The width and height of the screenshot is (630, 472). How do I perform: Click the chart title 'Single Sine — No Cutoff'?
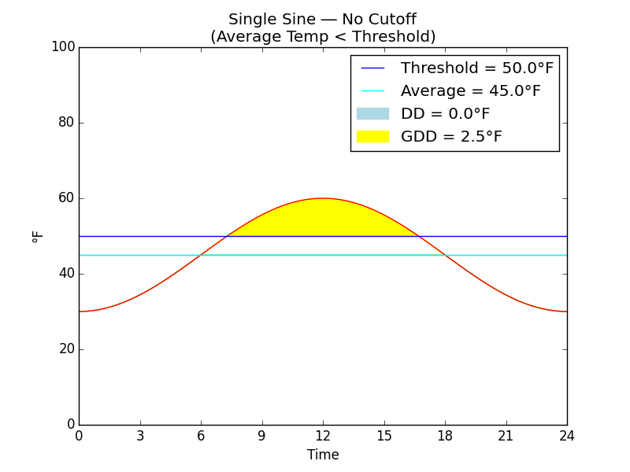pos(322,20)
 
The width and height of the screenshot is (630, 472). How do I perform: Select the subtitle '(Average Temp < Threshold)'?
pos(322,37)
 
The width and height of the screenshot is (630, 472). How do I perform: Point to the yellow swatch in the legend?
pos(372,137)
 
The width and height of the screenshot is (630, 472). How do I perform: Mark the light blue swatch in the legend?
pos(372,114)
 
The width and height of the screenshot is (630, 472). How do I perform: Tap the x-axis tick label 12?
pos(323,437)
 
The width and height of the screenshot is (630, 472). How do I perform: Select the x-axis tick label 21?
pos(506,437)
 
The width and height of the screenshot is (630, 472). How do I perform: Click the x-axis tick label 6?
pos(201,437)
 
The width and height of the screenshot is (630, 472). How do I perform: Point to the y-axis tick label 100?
pos(63,47)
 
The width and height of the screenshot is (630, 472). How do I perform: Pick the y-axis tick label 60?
pos(66,198)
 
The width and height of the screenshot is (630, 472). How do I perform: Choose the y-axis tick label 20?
pos(66,349)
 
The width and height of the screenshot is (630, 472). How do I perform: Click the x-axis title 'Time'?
pos(323,455)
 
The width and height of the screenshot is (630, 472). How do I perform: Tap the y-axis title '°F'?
pos(38,236)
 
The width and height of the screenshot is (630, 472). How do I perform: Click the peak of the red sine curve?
pos(323,198)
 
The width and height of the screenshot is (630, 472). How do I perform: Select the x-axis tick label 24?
pos(566,437)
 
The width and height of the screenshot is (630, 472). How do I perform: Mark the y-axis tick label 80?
pos(66,123)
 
